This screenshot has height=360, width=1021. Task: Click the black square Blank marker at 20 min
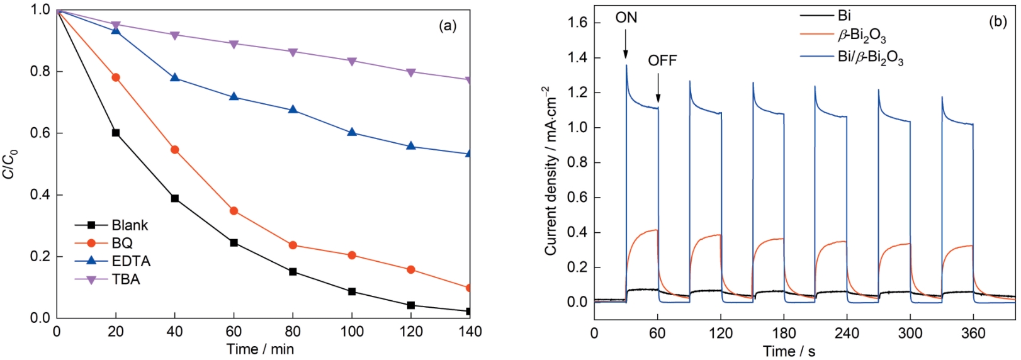tap(116, 133)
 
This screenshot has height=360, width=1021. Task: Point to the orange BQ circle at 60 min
tap(234, 211)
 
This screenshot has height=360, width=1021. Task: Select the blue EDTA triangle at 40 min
tap(175, 77)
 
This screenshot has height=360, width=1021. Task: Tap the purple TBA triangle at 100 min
tap(352, 61)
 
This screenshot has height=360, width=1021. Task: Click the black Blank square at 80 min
tap(293, 272)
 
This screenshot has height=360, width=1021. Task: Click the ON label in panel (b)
tap(626, 18)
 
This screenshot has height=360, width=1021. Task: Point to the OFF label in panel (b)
tap(662, 60)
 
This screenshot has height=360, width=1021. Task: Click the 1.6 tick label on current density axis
tap(578, 23)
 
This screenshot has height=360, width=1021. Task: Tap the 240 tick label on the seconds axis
tap(847, 333)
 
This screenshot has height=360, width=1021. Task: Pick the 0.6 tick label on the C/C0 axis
tap(40, 133)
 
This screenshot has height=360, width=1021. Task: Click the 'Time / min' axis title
tap(260, 349)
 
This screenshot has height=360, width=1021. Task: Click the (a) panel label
tap(447, 25)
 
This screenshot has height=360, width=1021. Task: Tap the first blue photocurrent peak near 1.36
tap(626, 65)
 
